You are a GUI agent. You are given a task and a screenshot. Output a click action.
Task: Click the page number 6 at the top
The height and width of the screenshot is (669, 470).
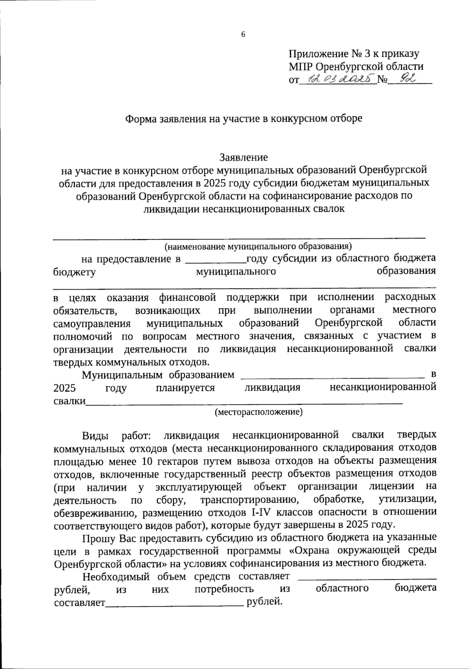point(243,35)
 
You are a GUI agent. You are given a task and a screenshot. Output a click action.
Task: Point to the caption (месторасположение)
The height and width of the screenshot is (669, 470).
point(258,412)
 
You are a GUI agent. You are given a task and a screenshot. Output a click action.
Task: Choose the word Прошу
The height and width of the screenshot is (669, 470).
point(96,538)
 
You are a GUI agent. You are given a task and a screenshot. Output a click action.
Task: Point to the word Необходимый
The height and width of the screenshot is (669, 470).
point(116,576)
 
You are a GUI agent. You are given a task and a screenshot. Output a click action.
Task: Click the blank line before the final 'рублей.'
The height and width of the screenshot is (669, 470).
point(175,604)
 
